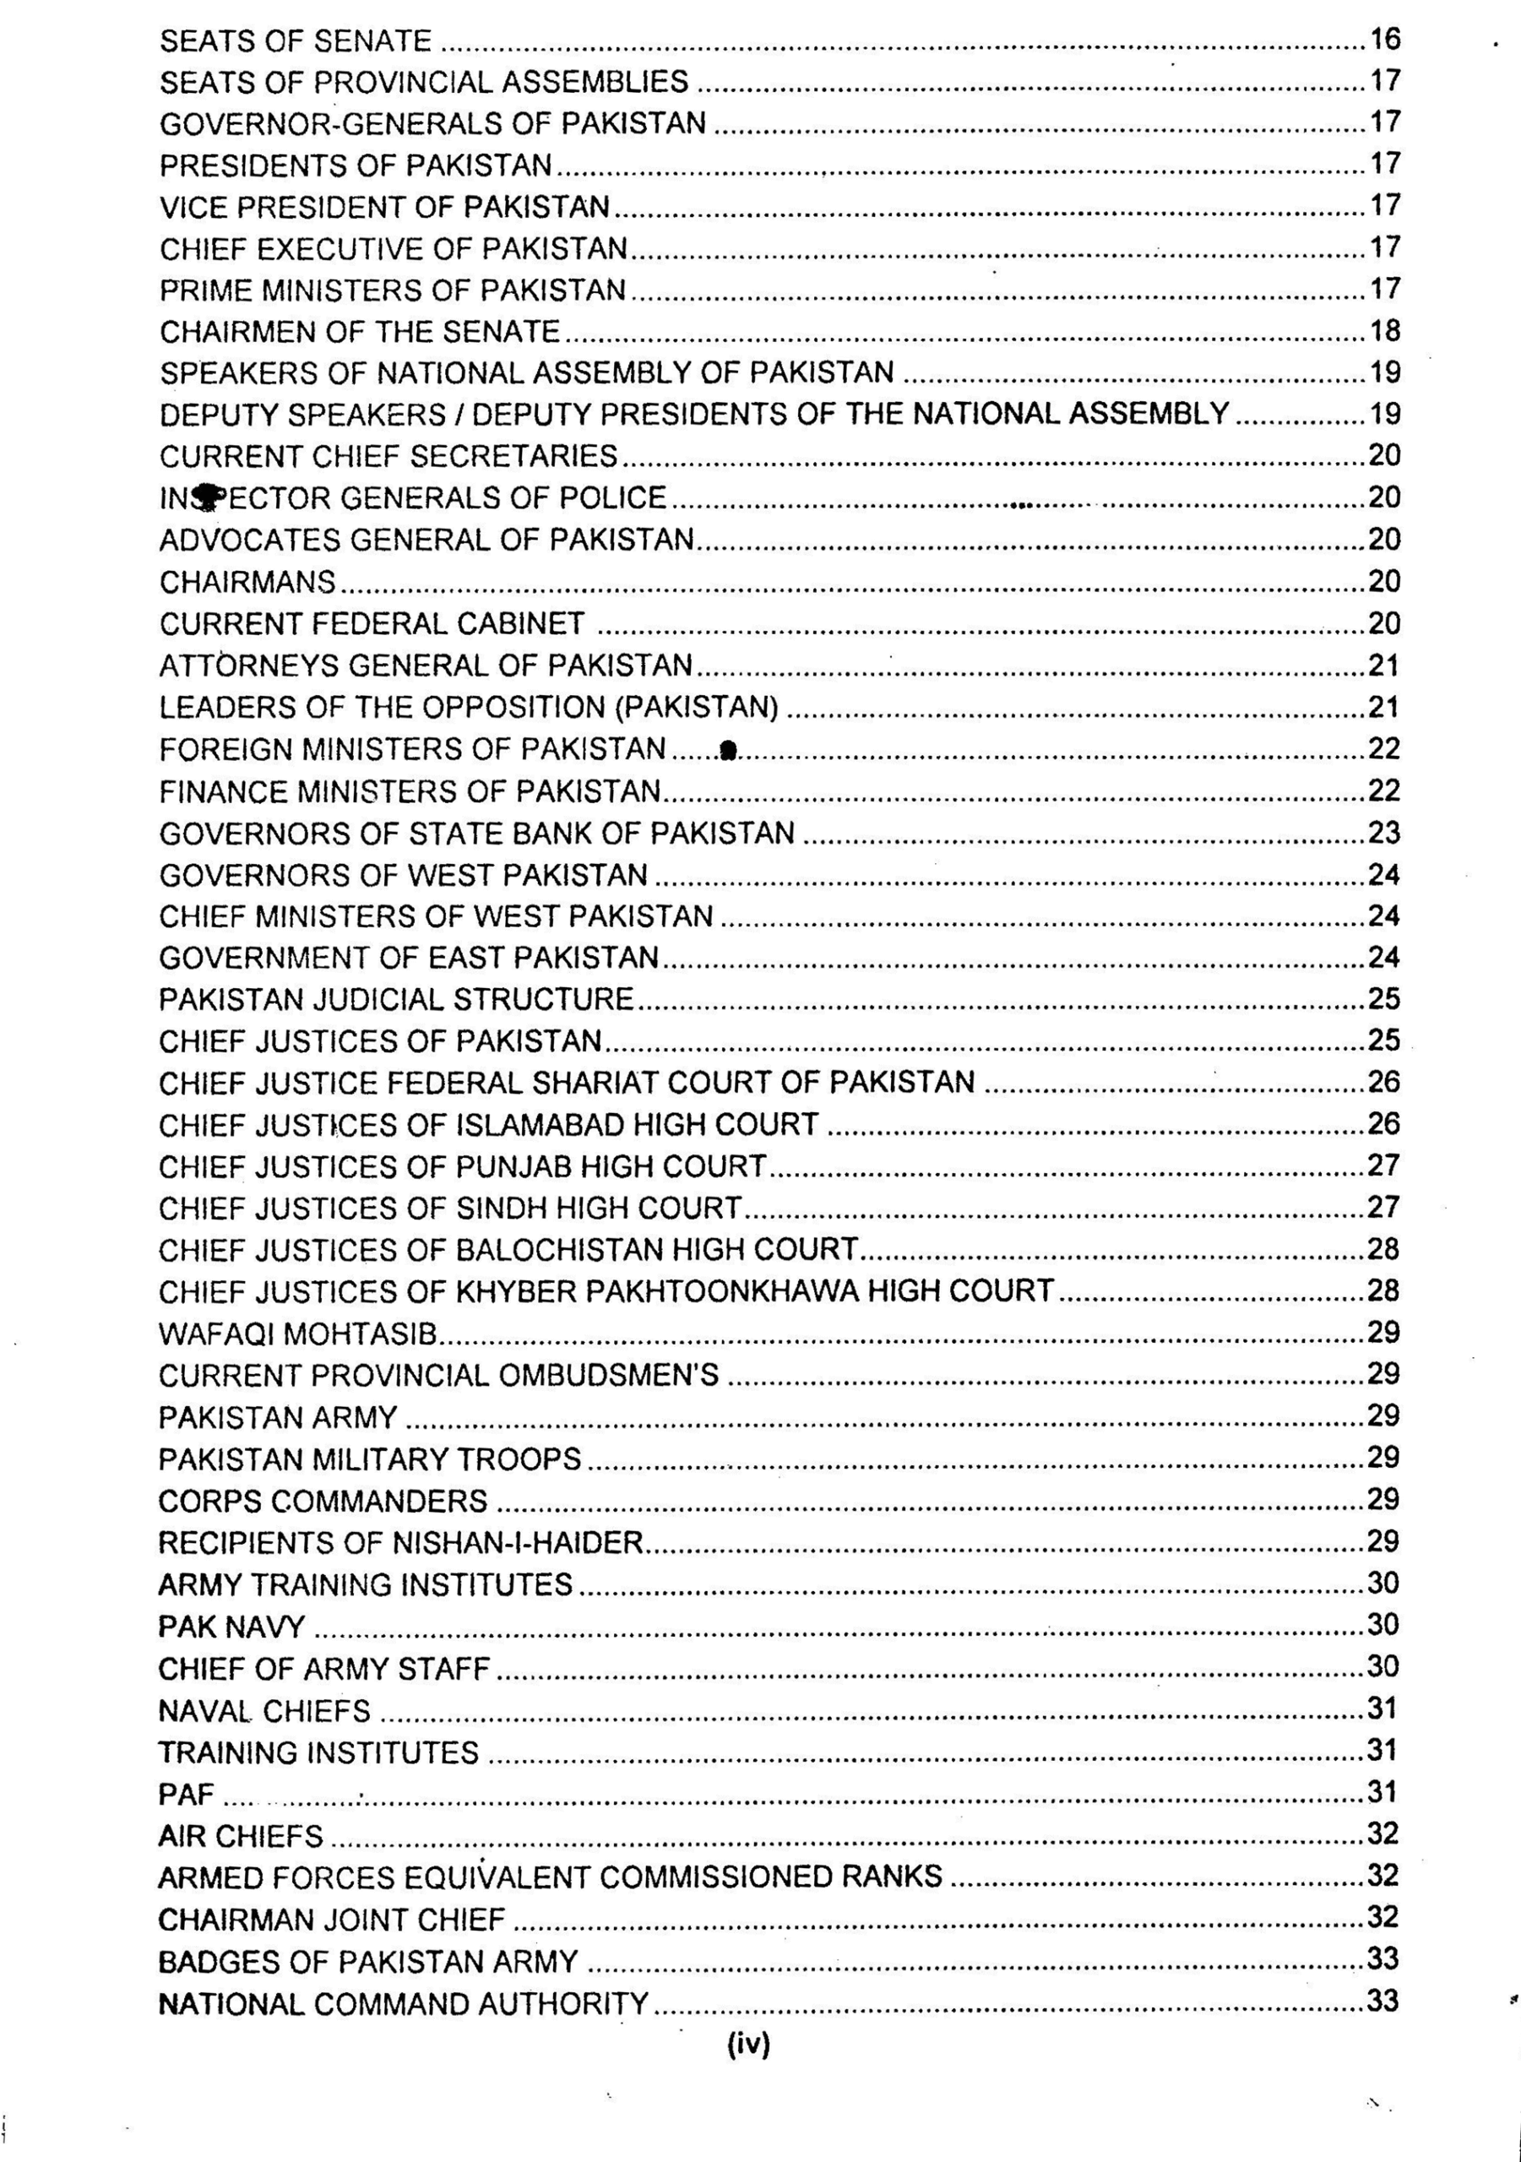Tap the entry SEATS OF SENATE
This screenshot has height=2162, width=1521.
(x=295, y=41)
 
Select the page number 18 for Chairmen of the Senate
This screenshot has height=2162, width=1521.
(x=1384, y=330)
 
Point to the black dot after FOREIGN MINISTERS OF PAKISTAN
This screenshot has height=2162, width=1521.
(x=727, y=750)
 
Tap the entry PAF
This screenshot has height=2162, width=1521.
(x=187, y=1794)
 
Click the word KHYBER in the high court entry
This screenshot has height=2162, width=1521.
(x=516, y=1291)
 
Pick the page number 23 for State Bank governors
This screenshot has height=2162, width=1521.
(x=1384, y=833)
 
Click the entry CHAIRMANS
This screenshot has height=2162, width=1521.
(x=247, y=582)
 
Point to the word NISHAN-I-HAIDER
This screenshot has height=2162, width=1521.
(x=517, y=1542)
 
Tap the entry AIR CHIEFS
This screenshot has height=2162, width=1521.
(x=240, y=1835)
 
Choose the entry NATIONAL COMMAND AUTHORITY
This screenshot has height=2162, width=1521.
(x=403, y=2003)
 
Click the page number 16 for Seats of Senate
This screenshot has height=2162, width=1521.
(x=1384, y=40)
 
